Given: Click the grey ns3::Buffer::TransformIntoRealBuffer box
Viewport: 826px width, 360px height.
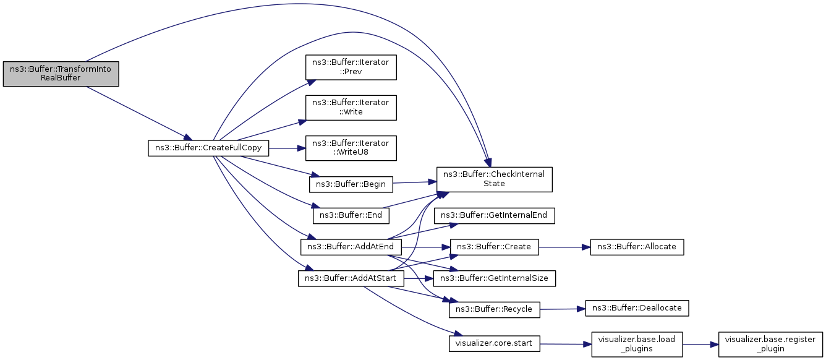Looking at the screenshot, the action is coord(61,74).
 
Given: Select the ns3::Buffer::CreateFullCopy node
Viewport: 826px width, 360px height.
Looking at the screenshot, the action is coord(208,148).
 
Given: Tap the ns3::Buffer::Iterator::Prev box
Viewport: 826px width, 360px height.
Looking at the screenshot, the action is coord(351,67).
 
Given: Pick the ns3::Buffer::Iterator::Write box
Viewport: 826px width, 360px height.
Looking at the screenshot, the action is coord(351,108).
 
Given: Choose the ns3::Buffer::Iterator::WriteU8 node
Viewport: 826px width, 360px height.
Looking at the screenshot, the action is coord(351,148).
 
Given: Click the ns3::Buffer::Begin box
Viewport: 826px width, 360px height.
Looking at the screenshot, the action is coord(351,184).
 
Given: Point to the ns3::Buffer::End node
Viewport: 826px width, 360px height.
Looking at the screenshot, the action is coord(351,215).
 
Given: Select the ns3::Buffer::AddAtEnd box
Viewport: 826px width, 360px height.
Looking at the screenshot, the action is coord(351,247).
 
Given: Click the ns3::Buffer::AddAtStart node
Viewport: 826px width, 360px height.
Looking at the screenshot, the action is coord(351,278).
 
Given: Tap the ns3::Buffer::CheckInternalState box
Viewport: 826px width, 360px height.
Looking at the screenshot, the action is coord(495,179).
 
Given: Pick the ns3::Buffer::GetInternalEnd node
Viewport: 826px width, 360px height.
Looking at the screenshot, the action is coord(495,215).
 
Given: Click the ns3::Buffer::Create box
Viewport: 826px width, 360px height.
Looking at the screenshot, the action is coord(495,247).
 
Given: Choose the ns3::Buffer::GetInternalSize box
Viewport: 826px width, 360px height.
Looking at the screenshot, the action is coord(495,278).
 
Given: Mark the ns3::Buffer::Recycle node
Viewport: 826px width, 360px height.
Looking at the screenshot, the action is coord(495,309).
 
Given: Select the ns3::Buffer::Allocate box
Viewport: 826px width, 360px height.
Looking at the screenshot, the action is coord(637,247).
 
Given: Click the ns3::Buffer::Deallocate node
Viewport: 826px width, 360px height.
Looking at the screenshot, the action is coord(637,308).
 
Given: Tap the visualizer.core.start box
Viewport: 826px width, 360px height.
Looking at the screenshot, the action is coord(495,343).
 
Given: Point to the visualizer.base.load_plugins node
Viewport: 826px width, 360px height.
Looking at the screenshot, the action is coord(637,344).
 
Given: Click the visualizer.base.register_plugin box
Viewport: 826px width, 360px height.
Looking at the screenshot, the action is coord(771,344).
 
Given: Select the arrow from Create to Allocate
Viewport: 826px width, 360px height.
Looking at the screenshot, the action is coord(564,247).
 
